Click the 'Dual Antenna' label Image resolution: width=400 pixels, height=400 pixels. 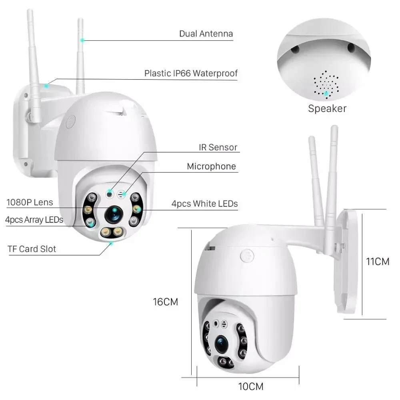point(206,34)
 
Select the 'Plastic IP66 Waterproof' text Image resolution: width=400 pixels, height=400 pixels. point(191,74)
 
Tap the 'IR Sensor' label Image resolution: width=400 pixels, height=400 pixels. point(218,147)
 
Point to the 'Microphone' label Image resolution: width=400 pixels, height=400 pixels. point(211,166)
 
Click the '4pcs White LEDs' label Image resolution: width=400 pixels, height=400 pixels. point(204,204)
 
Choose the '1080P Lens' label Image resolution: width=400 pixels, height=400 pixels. point(30,202)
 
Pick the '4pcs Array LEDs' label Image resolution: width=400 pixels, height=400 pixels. point(34,220)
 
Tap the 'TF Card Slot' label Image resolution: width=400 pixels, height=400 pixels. point(32,249)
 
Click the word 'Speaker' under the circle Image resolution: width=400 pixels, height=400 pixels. point(327,108)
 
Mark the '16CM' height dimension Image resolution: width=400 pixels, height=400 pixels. point(165,302)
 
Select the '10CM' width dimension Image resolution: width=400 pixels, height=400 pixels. point(251,386)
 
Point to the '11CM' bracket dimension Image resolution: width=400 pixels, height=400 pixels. point(378,262)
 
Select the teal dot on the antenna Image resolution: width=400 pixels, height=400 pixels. point(82,40)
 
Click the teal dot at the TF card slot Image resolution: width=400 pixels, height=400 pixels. point(112,242)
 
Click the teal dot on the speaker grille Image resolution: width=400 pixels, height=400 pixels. point(327,94)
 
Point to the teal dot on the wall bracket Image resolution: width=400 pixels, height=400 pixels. point(47,85)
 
